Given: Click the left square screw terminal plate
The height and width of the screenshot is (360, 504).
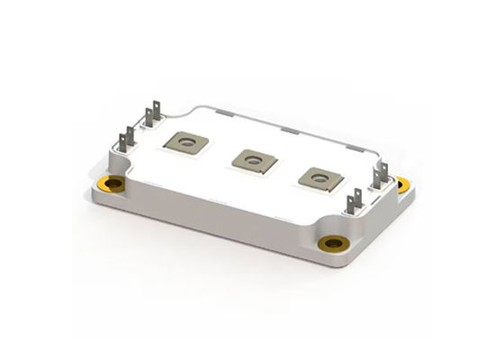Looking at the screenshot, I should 186,141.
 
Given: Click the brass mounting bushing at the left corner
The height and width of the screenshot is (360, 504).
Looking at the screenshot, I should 114,184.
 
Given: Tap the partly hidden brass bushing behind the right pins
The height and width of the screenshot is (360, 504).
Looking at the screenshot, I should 401,184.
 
